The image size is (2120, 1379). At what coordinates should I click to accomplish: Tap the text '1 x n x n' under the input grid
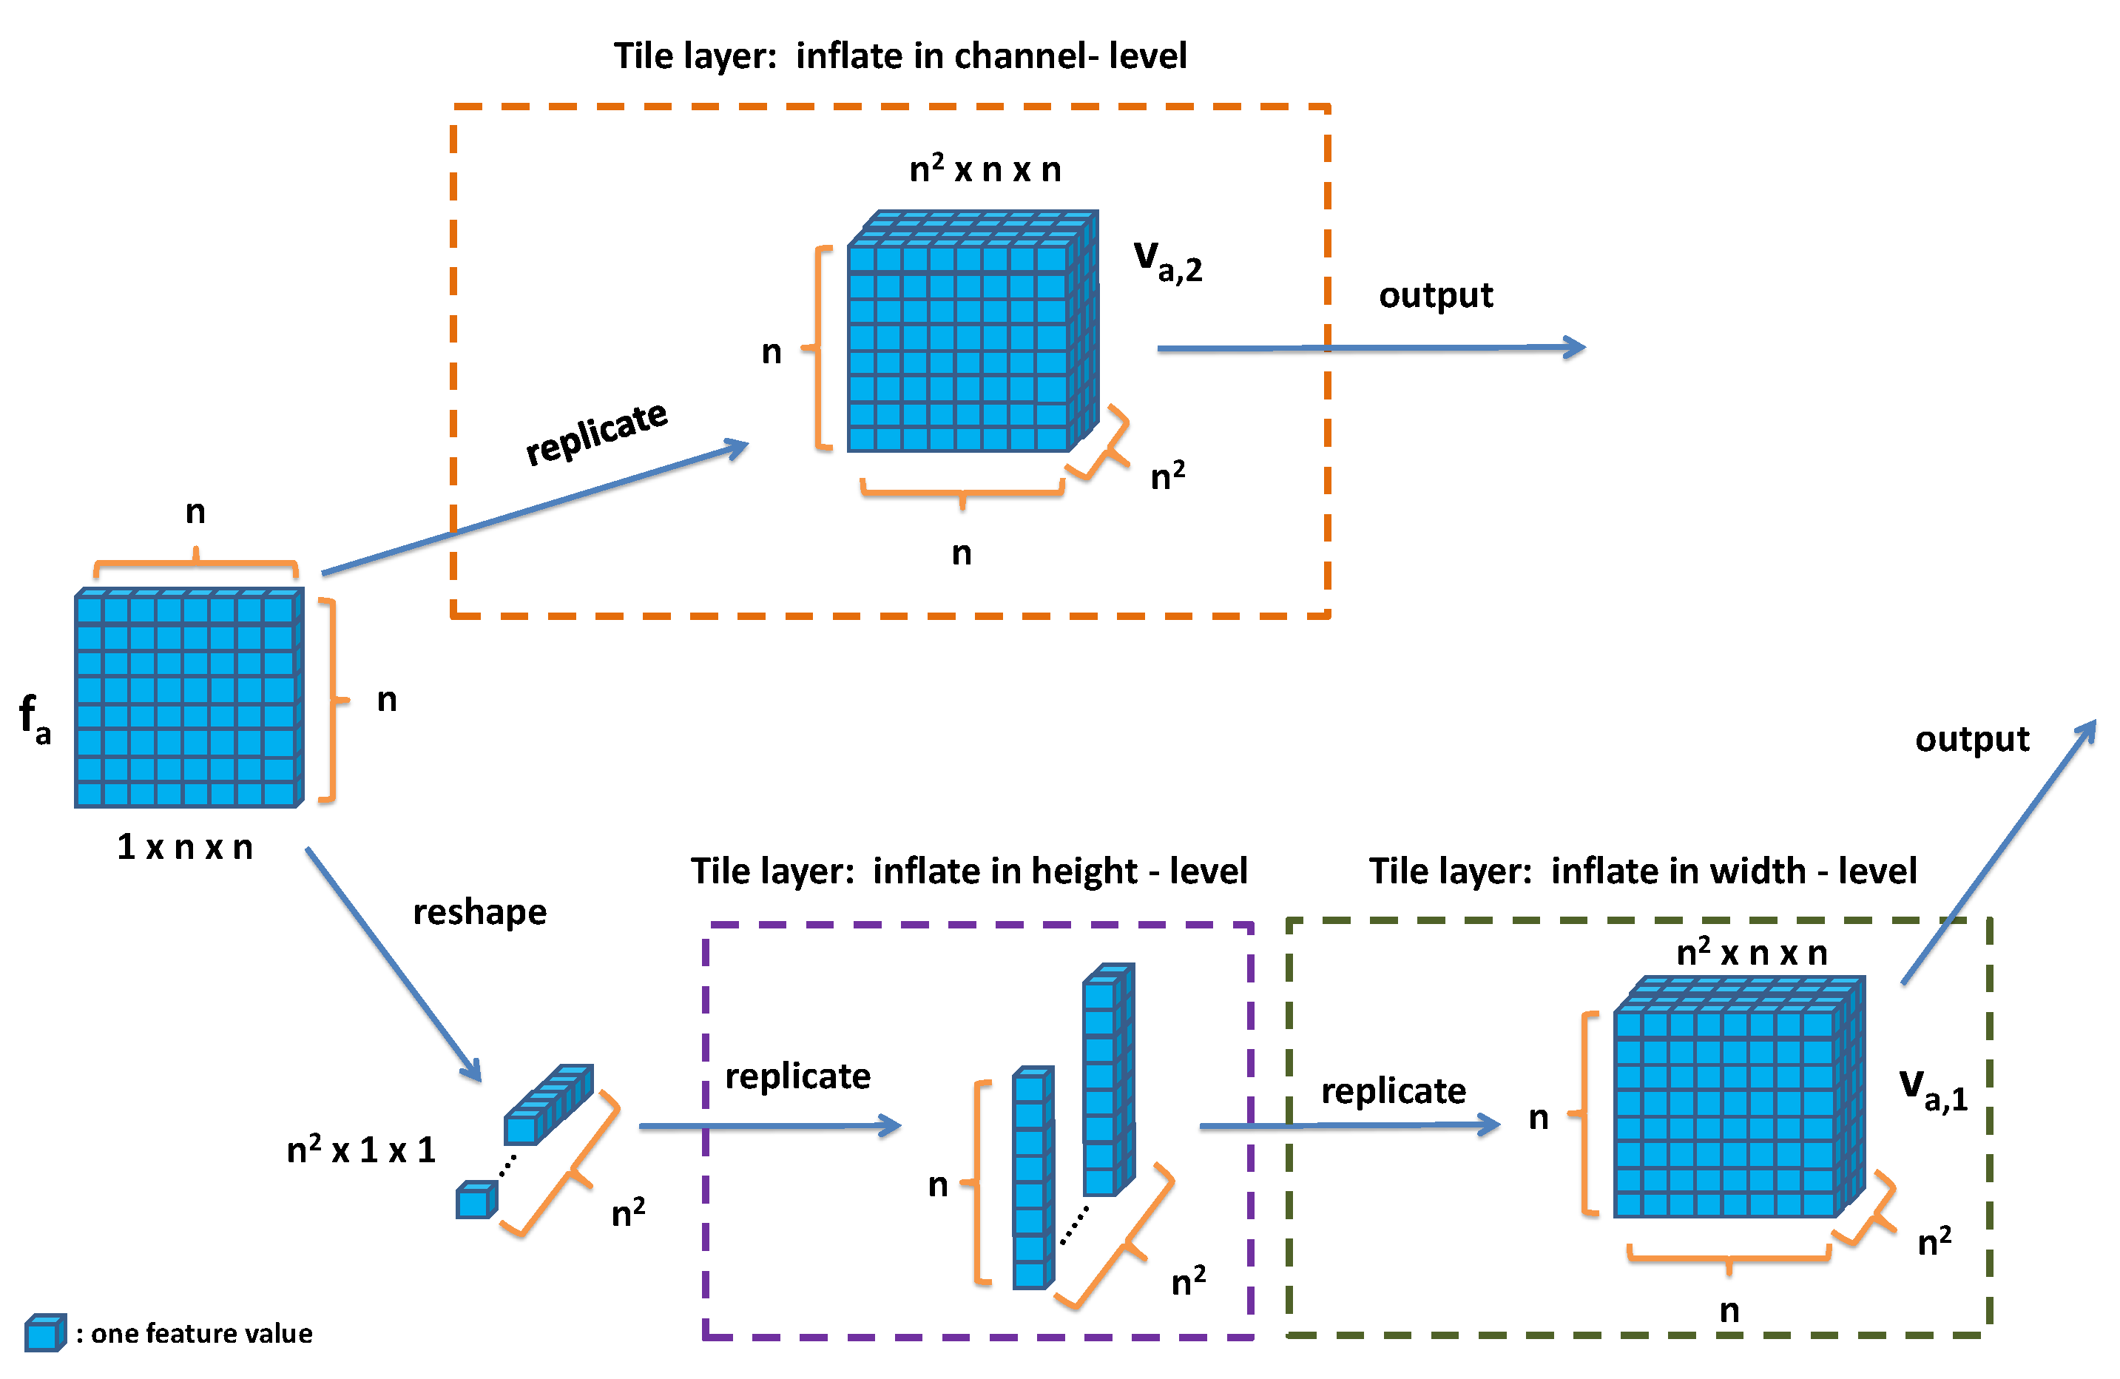(x=184, y=847)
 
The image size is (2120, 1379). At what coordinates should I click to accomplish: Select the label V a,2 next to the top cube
(x=1168, y=261)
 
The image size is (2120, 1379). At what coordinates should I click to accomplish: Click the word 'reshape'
(x=479, y=912)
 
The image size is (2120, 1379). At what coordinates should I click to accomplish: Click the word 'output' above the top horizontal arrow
(x=1435, y=295)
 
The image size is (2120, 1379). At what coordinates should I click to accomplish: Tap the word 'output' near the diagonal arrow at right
(x=1971, y=738)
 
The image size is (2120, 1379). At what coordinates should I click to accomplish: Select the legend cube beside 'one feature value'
(x=44, y=1332)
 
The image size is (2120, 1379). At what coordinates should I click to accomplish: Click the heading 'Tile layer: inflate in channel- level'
(x=899, y=56)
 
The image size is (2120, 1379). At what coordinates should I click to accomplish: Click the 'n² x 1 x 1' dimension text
(x=361, y=1149)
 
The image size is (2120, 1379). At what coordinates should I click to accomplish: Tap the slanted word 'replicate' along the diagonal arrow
(x=596, y=433)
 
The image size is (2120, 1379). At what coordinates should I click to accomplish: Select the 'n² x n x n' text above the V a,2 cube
(x=985, y=169)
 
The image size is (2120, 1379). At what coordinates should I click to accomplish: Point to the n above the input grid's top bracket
(x=195, y=511)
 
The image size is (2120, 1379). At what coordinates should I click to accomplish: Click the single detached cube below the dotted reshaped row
(x=476, y=1200)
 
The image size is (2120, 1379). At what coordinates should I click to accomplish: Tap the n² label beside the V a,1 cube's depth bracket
(x=1934, y=1241)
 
